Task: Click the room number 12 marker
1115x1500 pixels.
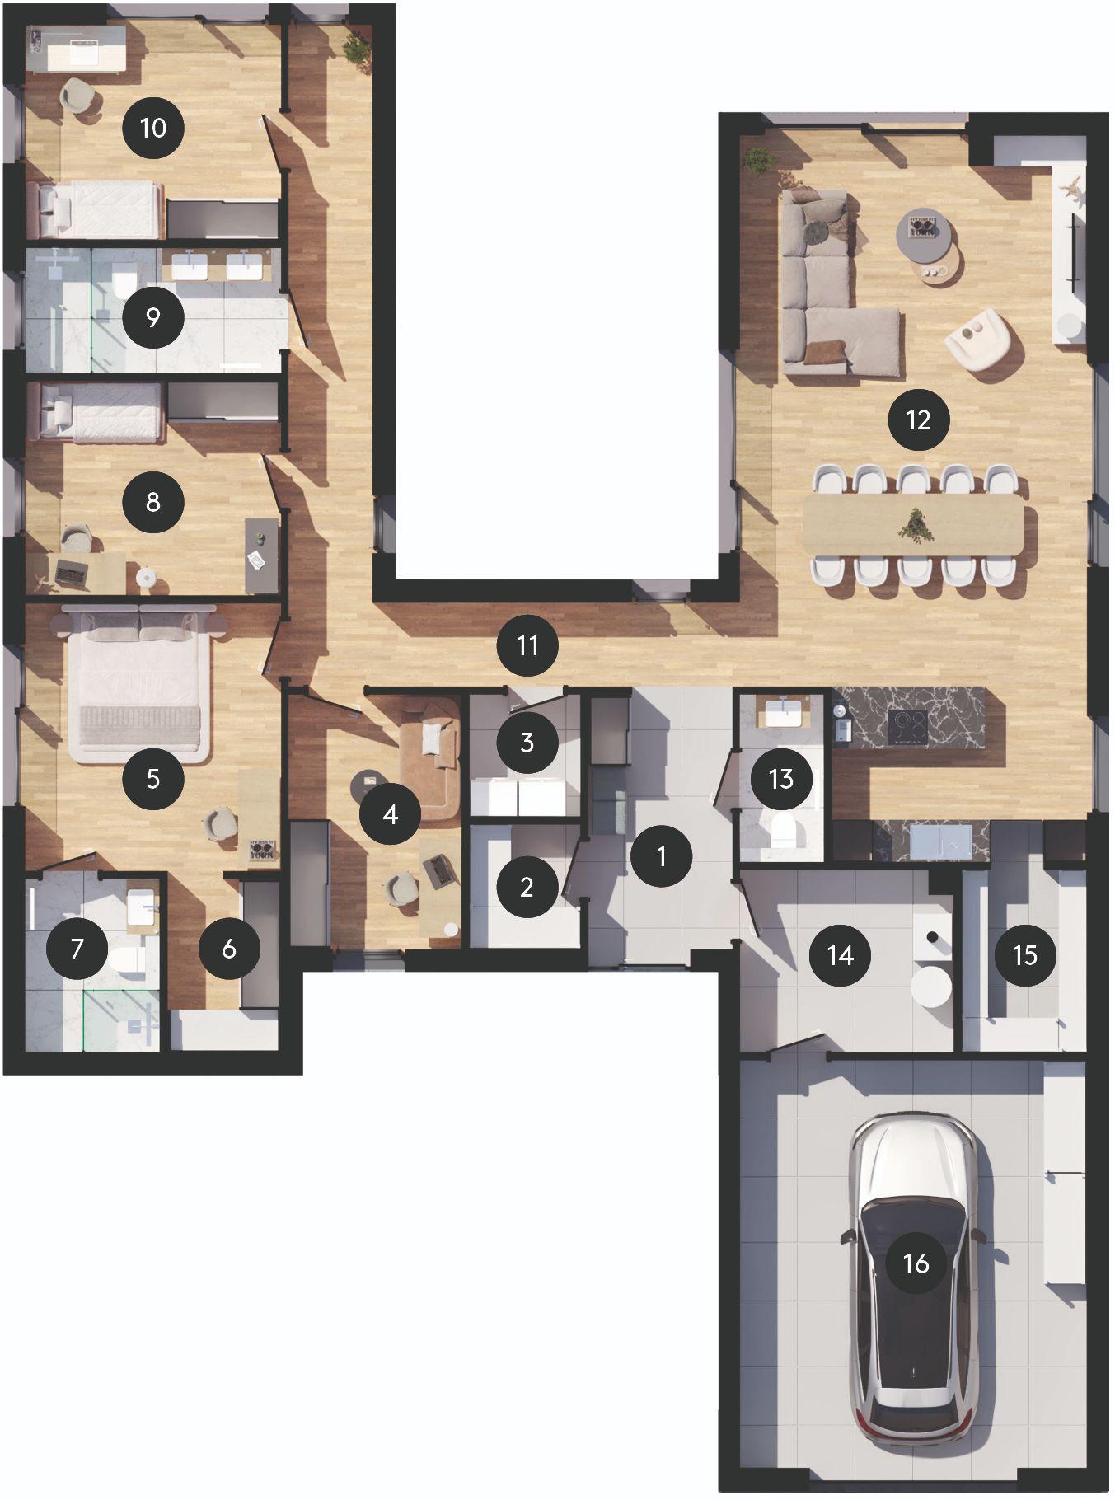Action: click(x=918, y=420)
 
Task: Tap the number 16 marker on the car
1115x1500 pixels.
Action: click(x=916, y=1263)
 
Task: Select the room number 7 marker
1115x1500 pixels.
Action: click(x=77, y=949)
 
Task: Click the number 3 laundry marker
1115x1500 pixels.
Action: click(x=527, y=743)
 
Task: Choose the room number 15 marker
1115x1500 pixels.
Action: click(x=1025, y=956)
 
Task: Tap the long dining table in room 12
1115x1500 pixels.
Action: click(x=913, y=525)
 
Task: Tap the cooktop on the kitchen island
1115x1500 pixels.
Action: click(x=907, y=726)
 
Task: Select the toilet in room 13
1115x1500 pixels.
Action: click(x=780, y=832)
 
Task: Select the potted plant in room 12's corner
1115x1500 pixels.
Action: click(x=757, y=160)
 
